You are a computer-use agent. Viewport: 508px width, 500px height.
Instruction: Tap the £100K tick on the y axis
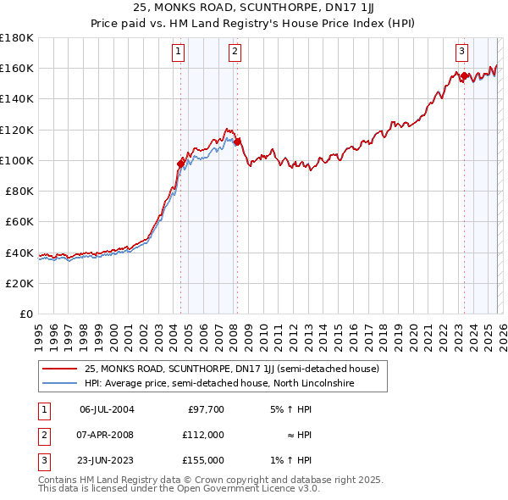[x=17, y=160]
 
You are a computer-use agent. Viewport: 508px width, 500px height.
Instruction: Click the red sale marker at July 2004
[x=180, y=164]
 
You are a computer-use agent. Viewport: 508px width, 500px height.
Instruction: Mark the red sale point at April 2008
[x=237, y=142]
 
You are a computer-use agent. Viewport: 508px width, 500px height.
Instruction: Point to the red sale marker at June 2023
[x=465, y=76]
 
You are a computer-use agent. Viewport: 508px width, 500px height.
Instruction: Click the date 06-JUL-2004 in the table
[x=107, y=409]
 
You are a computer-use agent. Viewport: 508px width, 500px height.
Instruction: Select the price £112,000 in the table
[x=203, y=435]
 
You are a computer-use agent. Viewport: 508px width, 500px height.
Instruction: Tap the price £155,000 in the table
[x=203, y=460]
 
